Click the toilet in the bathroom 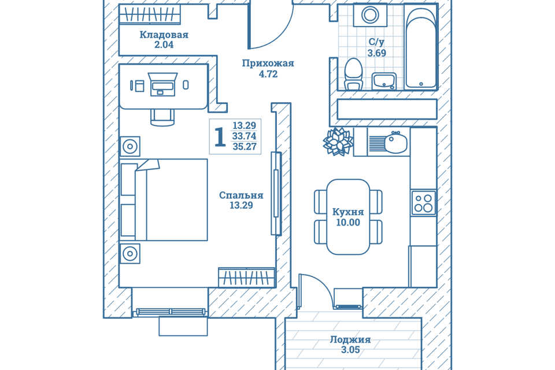(353, 73)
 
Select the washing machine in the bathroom (367, 15)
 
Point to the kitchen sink (395, 142)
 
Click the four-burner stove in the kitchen (423, 202)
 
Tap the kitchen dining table (348, 217)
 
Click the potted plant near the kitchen (338, 141)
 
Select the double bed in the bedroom (164, 200)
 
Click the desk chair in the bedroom (162, 116)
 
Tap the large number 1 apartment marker (220, 138)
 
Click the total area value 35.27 (244, 147)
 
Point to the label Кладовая (164, 35)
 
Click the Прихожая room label (268, 64)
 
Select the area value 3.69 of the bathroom (376, 53)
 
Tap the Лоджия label (350, 340)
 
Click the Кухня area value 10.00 (347, 223)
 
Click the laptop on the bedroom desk (163, 84)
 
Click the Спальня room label (241, 195)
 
